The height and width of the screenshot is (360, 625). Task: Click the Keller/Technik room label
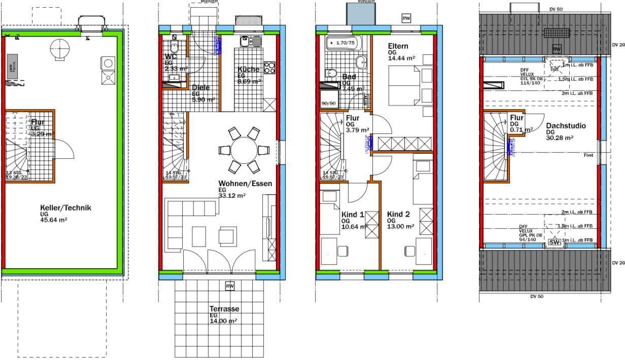[x=65, y=208]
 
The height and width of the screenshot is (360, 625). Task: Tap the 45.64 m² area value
[x=54, y=220]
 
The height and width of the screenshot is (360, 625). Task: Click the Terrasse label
[x=224, y=309]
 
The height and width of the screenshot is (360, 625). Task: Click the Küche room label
[x=248, y=69]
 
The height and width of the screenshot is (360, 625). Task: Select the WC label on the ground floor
[x=170, y=57]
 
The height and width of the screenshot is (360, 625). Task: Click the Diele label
[x=200, y=88]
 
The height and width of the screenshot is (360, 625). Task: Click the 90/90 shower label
[x=329, y=103]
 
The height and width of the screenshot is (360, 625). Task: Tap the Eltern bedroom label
[x=398, y=46]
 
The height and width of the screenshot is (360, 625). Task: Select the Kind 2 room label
[x=398, y=214]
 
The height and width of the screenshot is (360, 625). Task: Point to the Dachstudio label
[x=566, y=126]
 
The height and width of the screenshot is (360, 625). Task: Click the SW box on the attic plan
[x=554, y=243]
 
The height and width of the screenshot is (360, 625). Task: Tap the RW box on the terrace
[x=230, y=286]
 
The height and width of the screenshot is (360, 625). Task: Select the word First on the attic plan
[x=588, y=155]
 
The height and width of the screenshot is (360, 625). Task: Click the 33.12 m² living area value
[x=232, y=195]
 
